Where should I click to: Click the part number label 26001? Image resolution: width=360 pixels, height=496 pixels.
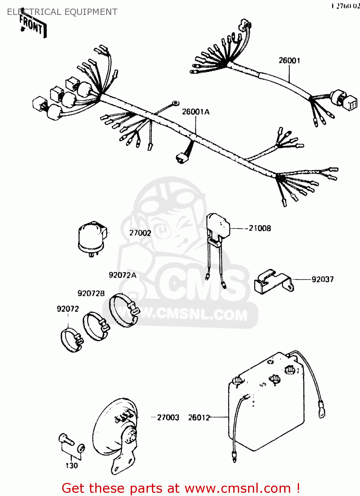point(289,61)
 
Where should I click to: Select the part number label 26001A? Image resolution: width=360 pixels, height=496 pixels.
point(196,112)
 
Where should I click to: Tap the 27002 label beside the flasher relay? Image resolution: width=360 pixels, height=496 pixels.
point(140,233)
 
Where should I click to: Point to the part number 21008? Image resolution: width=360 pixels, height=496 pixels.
point(260,228)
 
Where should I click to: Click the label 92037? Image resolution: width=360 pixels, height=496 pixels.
point(322,279)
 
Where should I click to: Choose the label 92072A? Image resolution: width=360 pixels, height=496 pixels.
point(122,275)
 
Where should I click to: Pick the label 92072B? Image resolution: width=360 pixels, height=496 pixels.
point(91,293)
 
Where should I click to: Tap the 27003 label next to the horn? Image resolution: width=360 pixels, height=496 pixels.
point(168,418)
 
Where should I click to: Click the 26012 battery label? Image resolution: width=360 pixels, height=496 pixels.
point(199,418)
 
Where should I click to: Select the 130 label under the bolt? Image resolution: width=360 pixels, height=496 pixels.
point(72,466)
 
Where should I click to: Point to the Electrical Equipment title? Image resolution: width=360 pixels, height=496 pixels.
point(62,12)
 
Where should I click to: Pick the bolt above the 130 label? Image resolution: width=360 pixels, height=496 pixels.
point(66,440)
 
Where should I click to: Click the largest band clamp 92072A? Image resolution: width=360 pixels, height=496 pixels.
point(123,310)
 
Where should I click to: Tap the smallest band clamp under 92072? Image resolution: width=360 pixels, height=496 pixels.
point(71,340)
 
